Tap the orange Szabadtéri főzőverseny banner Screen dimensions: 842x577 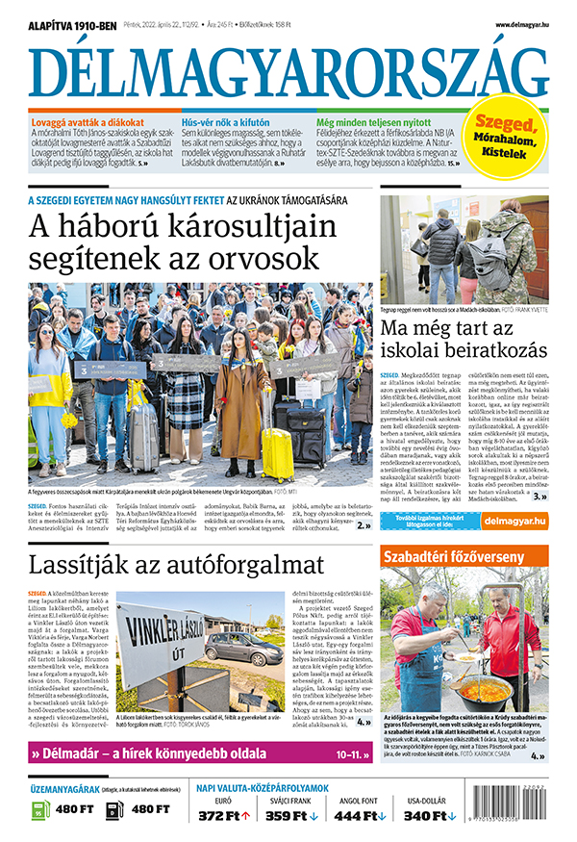(x=441, y=557)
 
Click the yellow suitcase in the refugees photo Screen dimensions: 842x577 (x=276, y=452)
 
